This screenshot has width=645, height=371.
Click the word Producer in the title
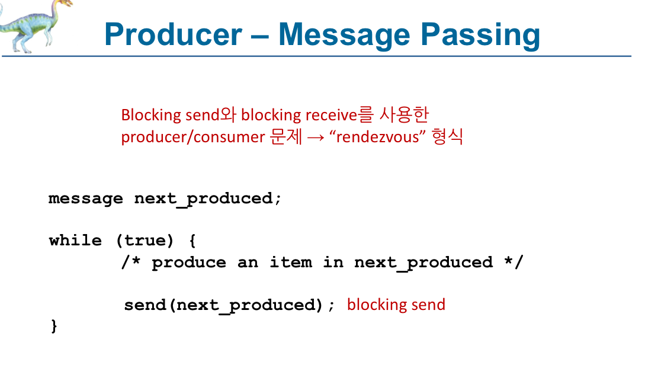[x=173, y=34]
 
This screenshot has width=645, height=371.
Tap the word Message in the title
[x=344, y=36]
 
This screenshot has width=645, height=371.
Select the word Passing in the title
[x=480, y=36]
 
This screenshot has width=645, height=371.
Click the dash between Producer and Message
[x=260, y=36]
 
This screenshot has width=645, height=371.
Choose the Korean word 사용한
[x=404, y=114]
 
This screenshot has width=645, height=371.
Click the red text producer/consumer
[x=193, y=137]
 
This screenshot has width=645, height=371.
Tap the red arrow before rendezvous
[x=316, y=138]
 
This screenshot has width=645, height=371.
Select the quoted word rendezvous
[x=378, y=137]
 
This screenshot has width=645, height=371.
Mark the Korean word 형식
[x=448, y=136]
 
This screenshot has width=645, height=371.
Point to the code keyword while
[x=75, y=240]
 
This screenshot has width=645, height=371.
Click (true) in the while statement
[x=145, y=241]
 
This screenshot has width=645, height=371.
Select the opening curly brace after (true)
[x=192, y=241]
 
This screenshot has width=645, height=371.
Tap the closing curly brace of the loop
[x=54, y=326]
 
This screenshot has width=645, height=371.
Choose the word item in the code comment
[x=291, y=263]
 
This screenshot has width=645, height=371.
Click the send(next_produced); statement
[x=230, y=305]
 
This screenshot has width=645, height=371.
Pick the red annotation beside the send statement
[x=396, y=305]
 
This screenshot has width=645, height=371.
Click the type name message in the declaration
[x=85, y=199]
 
